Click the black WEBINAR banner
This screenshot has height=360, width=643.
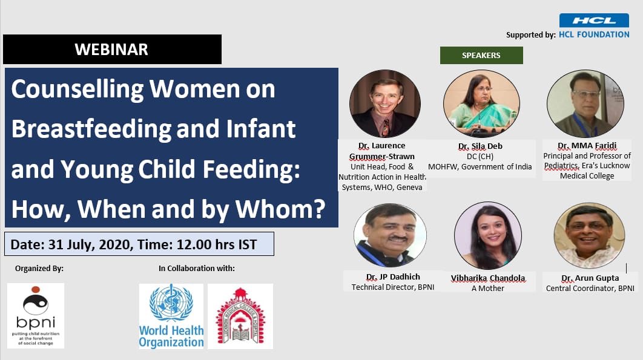point(112,50)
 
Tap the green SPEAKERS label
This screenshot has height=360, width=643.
point(481,55)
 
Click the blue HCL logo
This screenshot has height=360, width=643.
point(593,21)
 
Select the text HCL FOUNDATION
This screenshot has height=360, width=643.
point(594,34)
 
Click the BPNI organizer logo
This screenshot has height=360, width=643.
point(36,315)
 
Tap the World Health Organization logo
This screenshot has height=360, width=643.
point(171,316)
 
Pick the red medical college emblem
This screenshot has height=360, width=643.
point(240,316)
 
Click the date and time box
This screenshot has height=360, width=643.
point(139,244)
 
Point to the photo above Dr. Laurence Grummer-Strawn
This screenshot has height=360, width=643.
point(384,104)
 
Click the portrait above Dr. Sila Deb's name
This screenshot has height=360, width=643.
point(481,104)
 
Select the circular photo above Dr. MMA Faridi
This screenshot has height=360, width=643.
point(584,104)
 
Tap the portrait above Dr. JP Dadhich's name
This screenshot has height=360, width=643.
point(390,235)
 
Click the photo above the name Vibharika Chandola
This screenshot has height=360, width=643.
point(487,235)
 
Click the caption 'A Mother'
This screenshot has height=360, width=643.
point(487,288)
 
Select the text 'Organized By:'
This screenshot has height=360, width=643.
point(39,269)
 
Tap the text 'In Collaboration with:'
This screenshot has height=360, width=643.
point(196,269)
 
